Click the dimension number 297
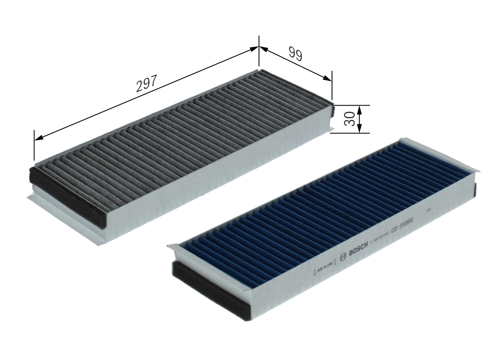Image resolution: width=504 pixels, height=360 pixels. pos(146,83)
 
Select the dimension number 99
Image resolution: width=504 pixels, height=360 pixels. pos(295,54)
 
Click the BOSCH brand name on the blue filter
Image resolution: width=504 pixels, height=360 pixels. pos(359,249)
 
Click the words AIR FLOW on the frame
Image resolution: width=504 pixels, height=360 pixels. pos(324,266)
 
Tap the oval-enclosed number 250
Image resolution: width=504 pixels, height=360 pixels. pos(394,231)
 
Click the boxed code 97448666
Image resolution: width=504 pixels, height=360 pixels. pos(406,225)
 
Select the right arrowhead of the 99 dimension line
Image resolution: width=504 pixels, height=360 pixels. pos(328,78)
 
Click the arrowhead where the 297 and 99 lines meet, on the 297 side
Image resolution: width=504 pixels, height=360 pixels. pos(254,49)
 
